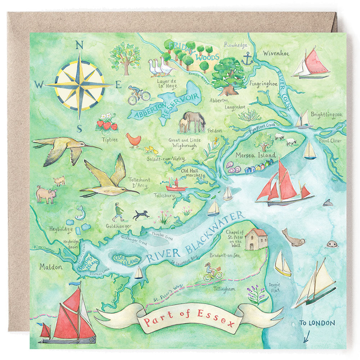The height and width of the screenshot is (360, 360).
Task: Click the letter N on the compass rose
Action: point(80,45)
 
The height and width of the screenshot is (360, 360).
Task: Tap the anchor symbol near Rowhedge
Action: point(247,59)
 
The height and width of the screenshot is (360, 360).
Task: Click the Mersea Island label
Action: point(255,156)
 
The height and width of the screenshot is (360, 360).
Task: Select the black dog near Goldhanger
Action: point(141,215)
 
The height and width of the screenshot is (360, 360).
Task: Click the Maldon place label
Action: point(51,267)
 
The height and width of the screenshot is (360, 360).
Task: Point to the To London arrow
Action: point(306,337)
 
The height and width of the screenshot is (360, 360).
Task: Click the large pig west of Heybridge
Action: point(46,194)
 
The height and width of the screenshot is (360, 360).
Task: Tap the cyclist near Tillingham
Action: point(212,272)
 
